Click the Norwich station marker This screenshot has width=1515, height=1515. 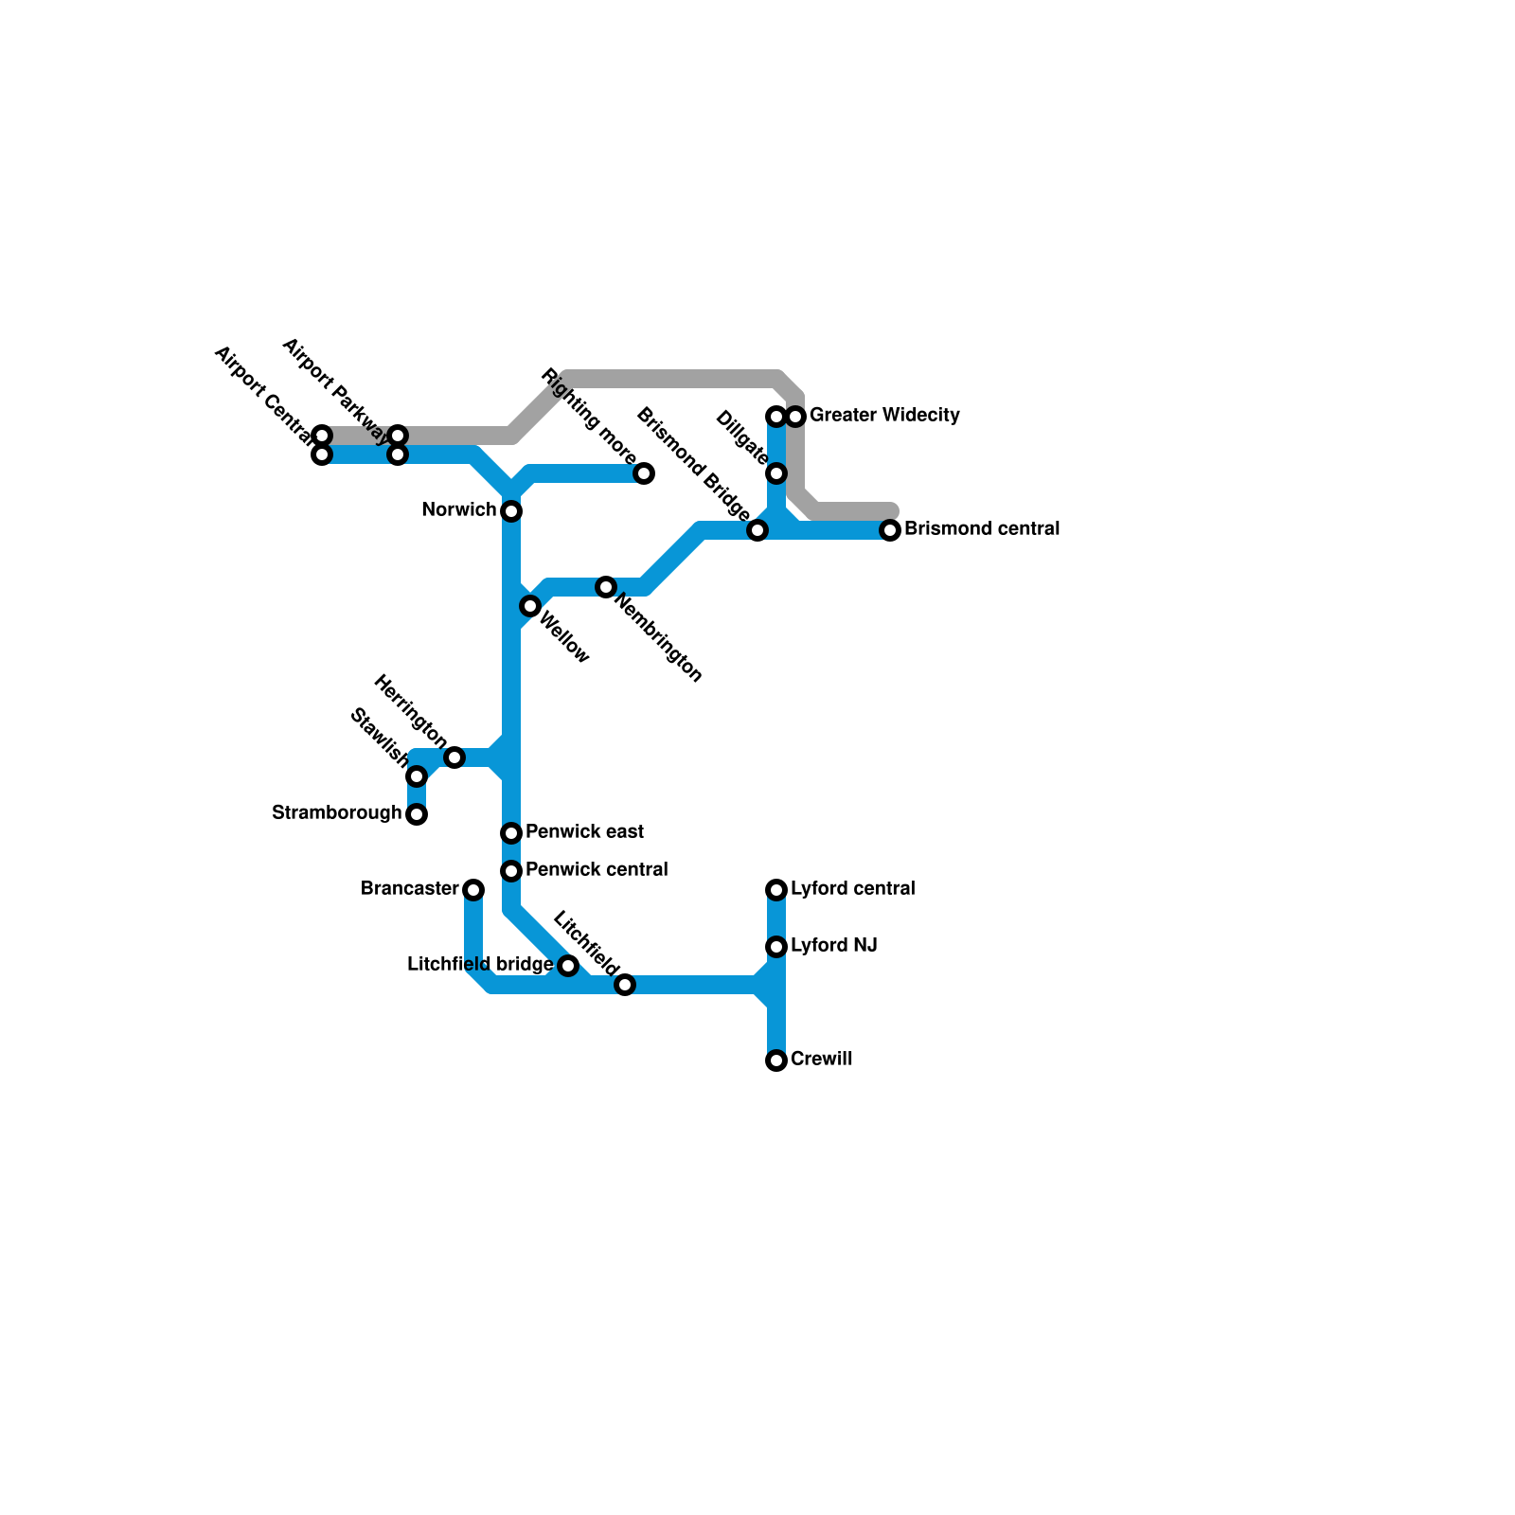click(511, 511)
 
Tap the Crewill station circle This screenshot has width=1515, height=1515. click(776, 1060)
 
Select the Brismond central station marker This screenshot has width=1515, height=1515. click(890, 530)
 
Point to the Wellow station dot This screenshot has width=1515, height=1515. click(530, 606)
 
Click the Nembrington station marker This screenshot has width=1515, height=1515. click(606, 587)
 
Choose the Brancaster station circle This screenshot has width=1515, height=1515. click(473, 890)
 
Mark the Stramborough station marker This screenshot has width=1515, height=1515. click(417, 814)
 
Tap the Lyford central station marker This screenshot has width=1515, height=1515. click(776, 890)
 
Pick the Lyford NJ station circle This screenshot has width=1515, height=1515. click(776, 947)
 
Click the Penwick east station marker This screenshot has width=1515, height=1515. click(511, 833)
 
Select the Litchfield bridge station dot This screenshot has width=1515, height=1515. click(568, 966)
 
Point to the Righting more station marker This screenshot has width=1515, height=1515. click(644, 473)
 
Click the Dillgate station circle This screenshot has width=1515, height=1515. click(776, 473)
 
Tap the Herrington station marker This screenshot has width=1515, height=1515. click(454, 757)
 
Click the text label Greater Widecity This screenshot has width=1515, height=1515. click(884, 416)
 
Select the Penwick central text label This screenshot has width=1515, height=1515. click(597, 870)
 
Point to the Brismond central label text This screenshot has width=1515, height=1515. click(982, 529)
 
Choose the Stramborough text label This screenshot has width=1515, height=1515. click(336, 813)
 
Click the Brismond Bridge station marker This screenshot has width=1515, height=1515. click(757, 530)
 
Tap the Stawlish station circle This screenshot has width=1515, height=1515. click(417, 776)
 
